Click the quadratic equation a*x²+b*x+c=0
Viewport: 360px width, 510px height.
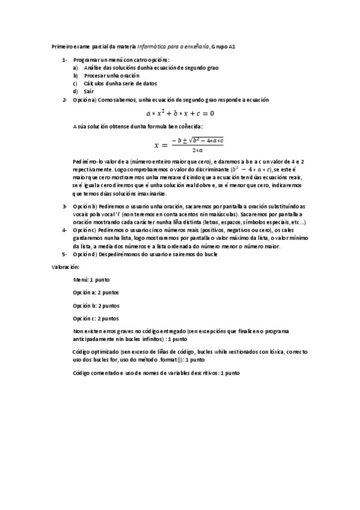[180, 113]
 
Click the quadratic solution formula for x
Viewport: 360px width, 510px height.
[189, 144]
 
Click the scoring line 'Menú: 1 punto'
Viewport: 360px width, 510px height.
[91, 280]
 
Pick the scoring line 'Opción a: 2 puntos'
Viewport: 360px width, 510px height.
[96, 293]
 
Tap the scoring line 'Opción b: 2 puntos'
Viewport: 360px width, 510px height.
[96, 306]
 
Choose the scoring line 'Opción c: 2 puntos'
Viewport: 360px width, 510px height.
[96, 318]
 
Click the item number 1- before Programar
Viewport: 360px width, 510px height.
[64, 60]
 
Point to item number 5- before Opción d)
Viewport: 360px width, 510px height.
[64, 254]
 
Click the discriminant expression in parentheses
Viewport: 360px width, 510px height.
[247, 170]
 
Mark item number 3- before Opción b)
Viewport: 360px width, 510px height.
[64, 206]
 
